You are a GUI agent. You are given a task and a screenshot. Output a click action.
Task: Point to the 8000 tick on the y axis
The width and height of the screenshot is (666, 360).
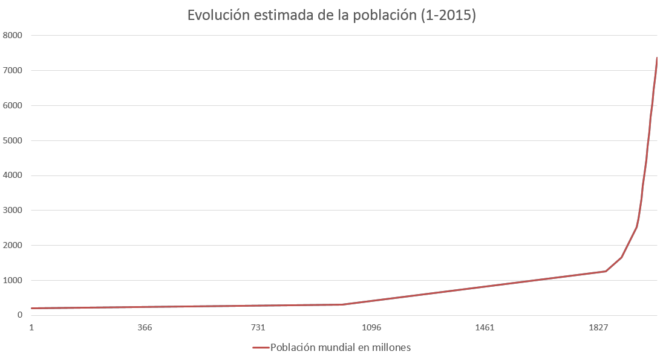12,36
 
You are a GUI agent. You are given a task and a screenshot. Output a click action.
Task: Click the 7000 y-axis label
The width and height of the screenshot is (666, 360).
12,71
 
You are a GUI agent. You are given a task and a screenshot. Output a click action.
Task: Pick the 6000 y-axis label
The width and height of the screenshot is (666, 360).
12,106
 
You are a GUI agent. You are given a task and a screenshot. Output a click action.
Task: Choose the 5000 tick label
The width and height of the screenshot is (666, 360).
12,141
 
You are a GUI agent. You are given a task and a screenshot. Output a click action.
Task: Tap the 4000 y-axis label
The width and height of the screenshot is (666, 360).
12,176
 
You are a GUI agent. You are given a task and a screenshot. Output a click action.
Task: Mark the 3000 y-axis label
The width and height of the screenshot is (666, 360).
12,211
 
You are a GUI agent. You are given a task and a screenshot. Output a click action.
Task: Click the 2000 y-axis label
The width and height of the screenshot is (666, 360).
12,246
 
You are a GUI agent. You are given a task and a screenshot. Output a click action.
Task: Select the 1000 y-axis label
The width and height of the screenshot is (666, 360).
12,281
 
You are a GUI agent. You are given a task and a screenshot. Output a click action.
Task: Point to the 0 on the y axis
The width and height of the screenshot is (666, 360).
19,315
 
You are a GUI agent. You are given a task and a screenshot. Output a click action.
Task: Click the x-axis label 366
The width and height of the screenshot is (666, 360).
145,328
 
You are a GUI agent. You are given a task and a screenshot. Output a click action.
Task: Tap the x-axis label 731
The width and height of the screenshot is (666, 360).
258,328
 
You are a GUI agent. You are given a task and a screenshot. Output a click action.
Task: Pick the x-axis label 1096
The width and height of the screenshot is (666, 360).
371,328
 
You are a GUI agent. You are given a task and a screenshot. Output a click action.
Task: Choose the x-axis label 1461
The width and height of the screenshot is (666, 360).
485,328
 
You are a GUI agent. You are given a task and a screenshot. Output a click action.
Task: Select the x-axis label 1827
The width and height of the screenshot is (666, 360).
598,328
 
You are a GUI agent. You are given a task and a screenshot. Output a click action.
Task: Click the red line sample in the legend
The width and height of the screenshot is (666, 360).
260,347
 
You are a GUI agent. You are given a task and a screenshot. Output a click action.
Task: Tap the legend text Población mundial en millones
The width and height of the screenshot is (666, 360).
341,347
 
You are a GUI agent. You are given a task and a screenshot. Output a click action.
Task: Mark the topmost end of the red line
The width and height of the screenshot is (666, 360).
657,58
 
